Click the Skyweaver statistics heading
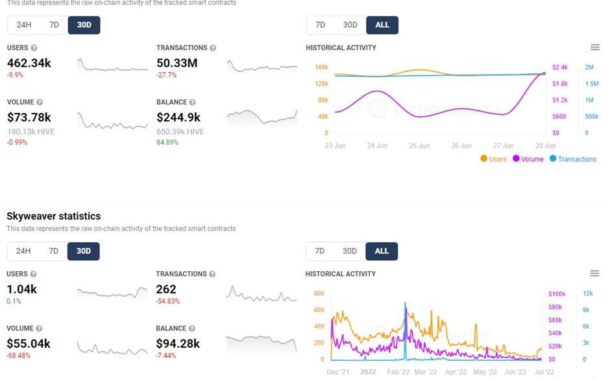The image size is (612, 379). point(53,216)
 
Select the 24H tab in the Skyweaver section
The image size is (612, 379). point(24,251)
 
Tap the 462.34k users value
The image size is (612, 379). point(29,63)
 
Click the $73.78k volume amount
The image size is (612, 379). point(29,117)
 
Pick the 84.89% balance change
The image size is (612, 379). point(167,142)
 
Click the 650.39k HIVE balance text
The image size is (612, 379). point(180,132)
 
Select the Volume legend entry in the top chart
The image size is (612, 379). point(532,159)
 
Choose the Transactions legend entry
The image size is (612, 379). point(576,159)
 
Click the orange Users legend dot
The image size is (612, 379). point(484,159)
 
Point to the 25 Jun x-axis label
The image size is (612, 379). point(419,145)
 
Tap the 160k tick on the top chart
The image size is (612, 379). point(321,67)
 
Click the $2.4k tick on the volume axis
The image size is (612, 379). point(559,67)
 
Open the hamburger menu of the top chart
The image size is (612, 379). point(595,47)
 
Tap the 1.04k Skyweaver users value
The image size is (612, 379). point(21,289)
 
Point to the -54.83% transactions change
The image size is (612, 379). point(168,301)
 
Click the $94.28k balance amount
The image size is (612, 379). point(178,344)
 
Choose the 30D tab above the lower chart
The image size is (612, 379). point(350,251)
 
